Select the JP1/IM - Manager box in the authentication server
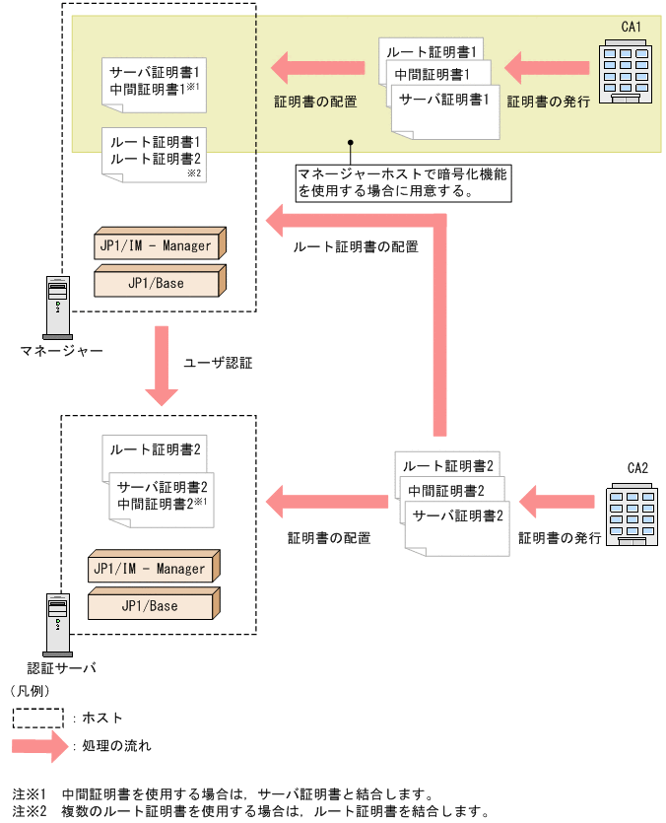coord(152,569)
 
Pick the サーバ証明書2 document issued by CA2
coord(459,519)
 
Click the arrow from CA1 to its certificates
coord(546,69)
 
